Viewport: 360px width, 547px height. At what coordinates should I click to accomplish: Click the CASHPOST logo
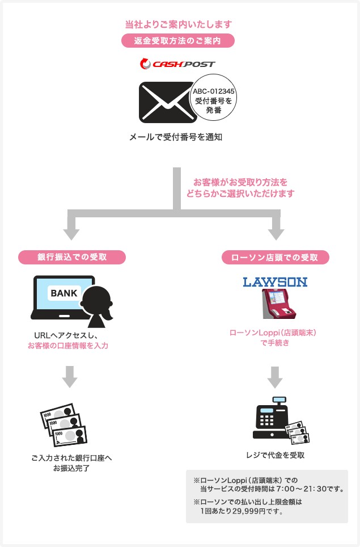(177, 64)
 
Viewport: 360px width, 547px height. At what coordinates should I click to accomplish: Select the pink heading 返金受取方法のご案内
(177, 41)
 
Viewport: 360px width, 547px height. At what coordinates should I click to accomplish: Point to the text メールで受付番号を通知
(173, 137)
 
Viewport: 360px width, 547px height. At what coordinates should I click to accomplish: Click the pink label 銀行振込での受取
(71, 258)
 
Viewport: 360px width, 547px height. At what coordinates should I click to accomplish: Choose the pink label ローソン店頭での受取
(274, 258)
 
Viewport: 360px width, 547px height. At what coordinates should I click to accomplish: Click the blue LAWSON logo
(274, 281)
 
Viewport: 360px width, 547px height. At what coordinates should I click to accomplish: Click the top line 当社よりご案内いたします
(178, 24)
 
